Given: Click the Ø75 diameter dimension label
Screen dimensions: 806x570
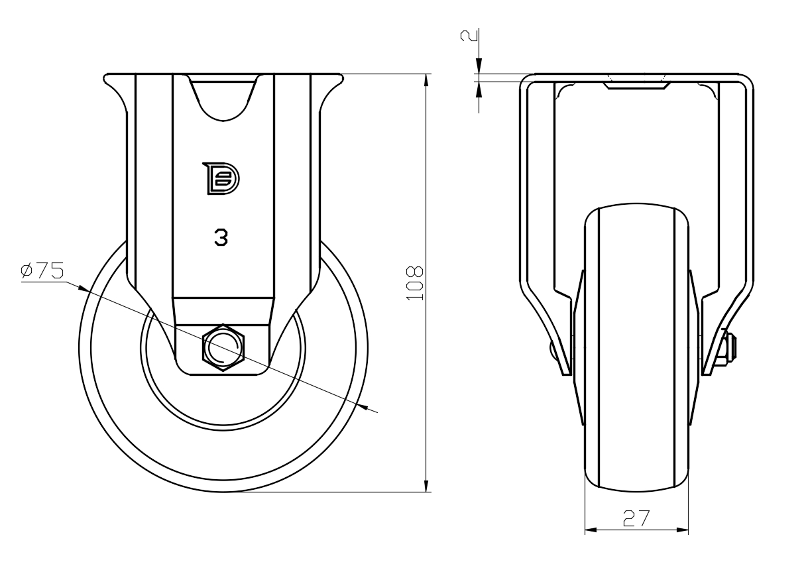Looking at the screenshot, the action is point(42,270).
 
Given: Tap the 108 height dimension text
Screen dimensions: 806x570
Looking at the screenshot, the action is point(415,283).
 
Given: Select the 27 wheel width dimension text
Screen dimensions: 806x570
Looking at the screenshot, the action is point(636,518).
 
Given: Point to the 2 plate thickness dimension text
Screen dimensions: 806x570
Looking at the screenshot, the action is point(469,36).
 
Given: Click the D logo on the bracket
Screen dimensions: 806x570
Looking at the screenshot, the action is point(221,178).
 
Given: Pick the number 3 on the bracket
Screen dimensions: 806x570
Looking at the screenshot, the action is point(221,237).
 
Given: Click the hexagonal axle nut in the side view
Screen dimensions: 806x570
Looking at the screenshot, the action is point(223,347).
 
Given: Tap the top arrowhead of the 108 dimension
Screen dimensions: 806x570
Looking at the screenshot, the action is point(426,80).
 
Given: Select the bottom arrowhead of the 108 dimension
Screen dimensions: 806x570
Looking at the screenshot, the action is point(426,486).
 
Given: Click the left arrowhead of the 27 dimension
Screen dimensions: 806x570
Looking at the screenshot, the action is point(591,530).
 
